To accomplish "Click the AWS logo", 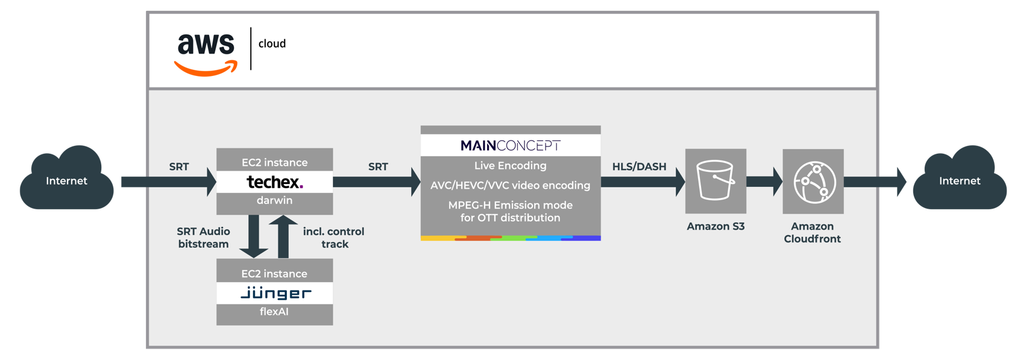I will coord(206,53).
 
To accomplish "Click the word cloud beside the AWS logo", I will coord(272,43).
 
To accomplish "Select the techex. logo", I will coord(274,182).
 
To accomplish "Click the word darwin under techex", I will coord(274,200).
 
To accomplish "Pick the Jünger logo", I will coord(275,293).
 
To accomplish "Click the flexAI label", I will coord(274,312).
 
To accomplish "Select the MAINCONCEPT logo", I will coord(510,145).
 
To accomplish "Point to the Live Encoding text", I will coord(510,165).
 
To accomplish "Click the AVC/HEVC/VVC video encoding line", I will coord(510,185).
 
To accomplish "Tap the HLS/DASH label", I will coord(639,166).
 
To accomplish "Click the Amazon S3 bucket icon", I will coord(716,180).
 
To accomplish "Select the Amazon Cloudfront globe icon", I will coord(813,182).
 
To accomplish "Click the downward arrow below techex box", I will coord(253,236).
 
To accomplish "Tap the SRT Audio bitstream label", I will coord(203,238).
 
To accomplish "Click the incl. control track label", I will coord(334,238).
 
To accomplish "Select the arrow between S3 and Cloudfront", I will coord(764,181).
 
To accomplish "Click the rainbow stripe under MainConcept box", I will coord(510,238).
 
